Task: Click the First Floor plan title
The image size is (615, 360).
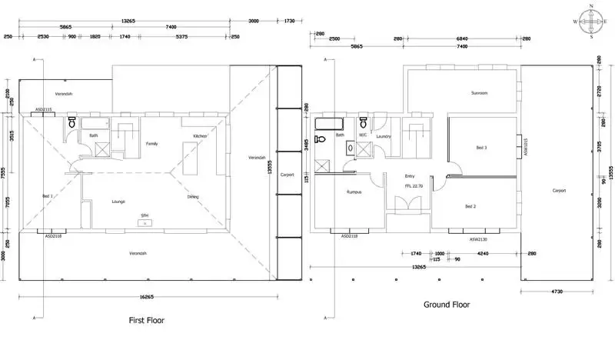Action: tap(146, 319)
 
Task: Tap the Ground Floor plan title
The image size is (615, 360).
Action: tap(447, 305)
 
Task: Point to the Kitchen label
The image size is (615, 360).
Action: tap(200, 136)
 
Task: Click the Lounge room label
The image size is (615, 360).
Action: tap(118, 202)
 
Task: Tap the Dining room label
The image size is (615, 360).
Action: tap(193, 197)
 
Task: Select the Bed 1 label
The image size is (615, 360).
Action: tap(47, 196)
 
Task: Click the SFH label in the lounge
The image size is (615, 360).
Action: tap(143, 215)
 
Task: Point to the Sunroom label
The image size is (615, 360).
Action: tap(480, 93)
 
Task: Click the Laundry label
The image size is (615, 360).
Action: tap(384, 136)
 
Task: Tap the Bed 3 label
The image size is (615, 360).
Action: tap(481, 148)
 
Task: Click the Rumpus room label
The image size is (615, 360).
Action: tap(354, 192)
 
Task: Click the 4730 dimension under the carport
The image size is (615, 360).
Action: tap(557, 293)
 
